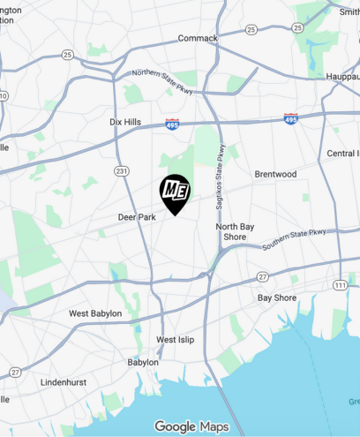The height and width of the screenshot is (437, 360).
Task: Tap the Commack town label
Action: pyautogui.click(x=198, y=38)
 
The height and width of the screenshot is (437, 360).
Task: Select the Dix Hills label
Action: pyautogui.click(x=124, y=122)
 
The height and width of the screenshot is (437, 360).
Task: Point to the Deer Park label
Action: pyautogui.click(x=137, y=216)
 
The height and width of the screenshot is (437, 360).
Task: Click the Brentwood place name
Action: pyautogui.click(x=275, y=174)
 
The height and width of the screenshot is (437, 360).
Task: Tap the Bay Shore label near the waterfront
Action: pyautogui.click(x=277, y=298)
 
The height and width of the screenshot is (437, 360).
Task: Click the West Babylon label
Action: pyautogui.click(x=95, y=313)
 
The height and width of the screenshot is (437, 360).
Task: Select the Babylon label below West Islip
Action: pyautogui.click(x=143, y=362)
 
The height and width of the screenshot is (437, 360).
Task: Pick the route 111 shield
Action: pyautogui.click(x=340, y=284)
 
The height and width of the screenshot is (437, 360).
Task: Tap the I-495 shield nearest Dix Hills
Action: pyautogui.click(x=172, y=124)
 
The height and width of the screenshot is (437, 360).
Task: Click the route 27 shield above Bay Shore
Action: pyautogui.click(x=262, y=277)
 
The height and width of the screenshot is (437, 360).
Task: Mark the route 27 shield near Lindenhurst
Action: pyautogui.click(x=15, y=372)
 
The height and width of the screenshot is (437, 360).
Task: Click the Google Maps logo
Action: pyautogui.click(x=191, y=426)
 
